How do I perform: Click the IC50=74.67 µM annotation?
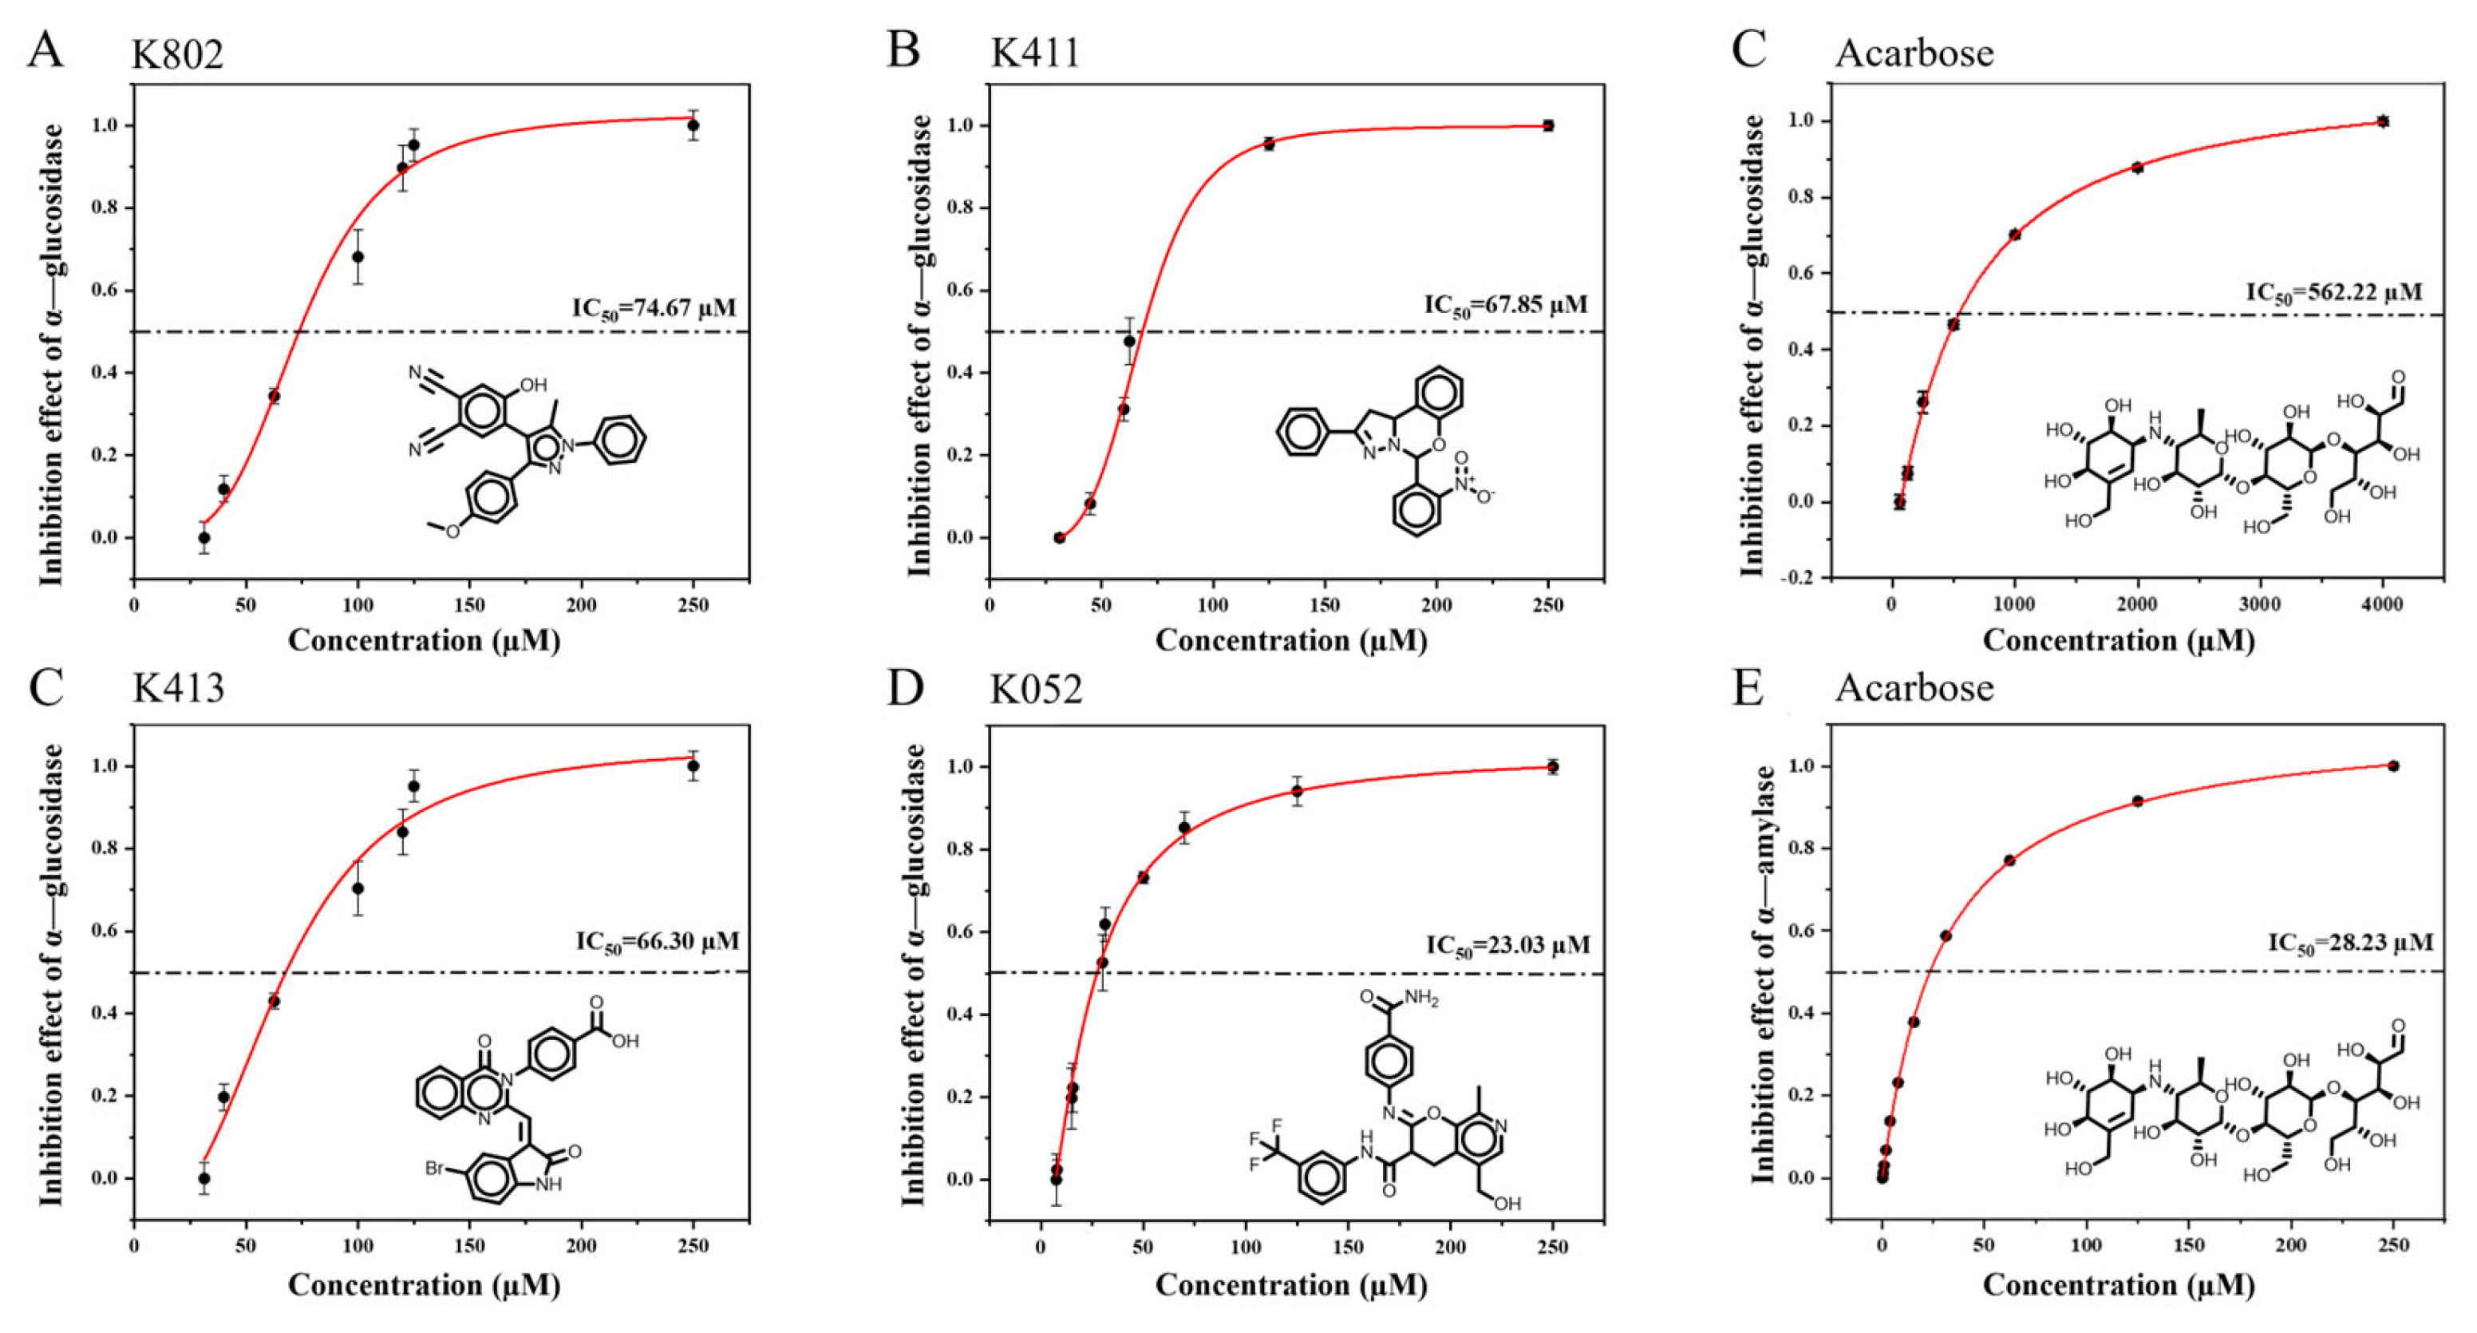pyautogui.click(x=654, y=309)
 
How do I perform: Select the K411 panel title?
pyautogui.click(x=1035, y=52)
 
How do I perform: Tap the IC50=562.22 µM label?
pyautogui.click(x=2333, y=292)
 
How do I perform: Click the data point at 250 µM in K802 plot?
pyautogui.click(x=693, y=125)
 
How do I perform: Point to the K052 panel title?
pyautogui.click(x=1036, y=689)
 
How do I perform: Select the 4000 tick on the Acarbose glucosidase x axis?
pyautogui.click(x=2382, y=605)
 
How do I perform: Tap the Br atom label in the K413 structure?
pyautogui.click(x=436, y=1169)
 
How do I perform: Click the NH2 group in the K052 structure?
pyautogui.click(x=1421, y=999)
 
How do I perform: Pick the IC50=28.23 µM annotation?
pyautogui.click(x=2350, y=943)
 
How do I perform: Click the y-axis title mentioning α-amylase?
pyautogui.click(x=1764, y=973)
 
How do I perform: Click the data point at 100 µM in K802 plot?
pyautogui.click(x=358, y=257)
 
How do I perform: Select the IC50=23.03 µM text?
pyautogui.click(x=1507, y=947)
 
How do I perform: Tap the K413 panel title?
pyautogui.click(x=178, y=689)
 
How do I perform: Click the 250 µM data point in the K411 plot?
pyautogui.click(x=1548, y=125)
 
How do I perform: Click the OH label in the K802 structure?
pyautogui.click(x=533, y=386)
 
